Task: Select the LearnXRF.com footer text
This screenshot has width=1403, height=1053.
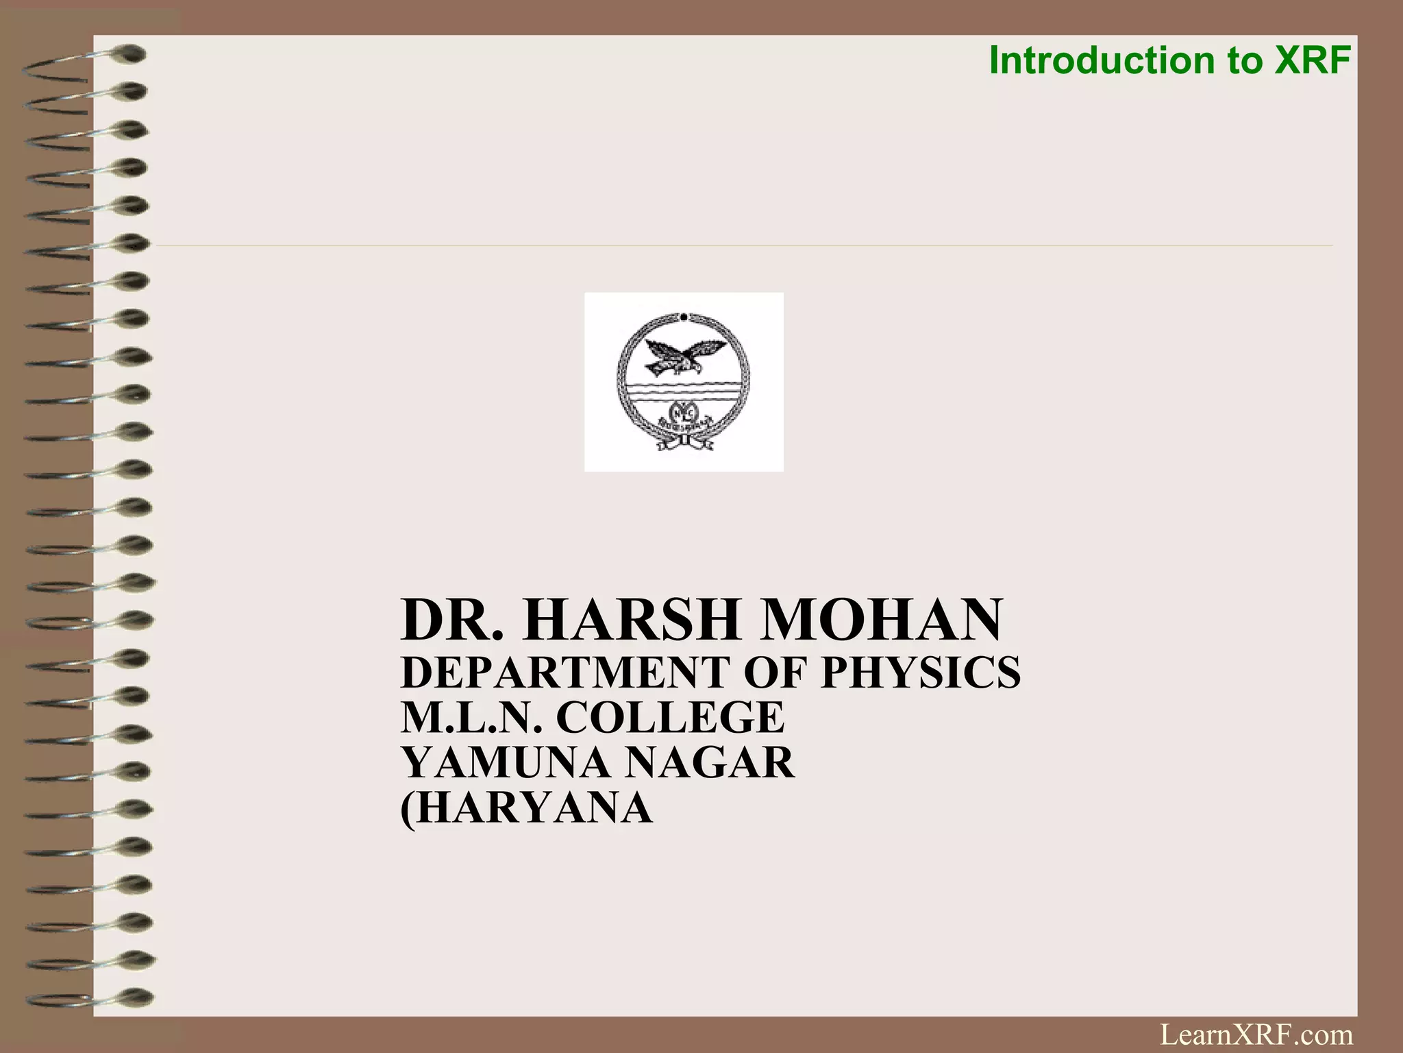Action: [1256, 1034]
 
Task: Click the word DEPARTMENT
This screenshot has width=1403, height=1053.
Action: [564, 672]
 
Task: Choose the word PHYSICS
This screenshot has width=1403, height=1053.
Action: [921, 672]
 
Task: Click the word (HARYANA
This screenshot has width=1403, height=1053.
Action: [526, 808]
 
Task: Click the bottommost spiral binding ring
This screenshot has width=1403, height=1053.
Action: [89, 997]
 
